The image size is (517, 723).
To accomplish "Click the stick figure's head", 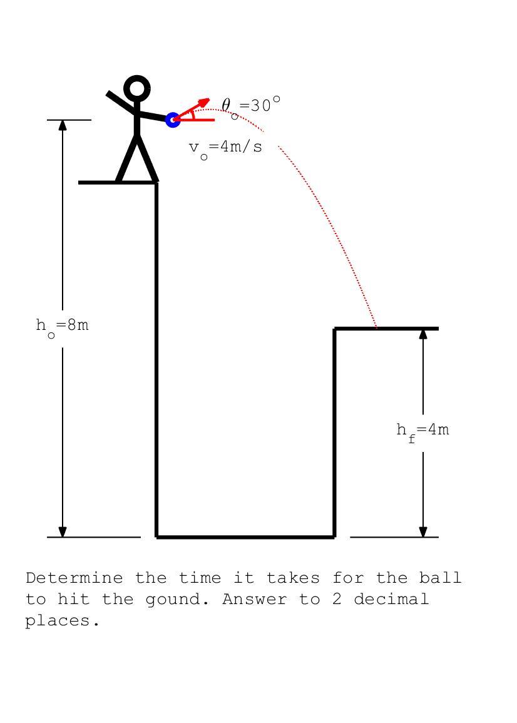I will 137,88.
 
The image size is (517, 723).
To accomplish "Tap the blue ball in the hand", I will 173,120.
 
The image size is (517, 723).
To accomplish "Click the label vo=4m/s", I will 225,148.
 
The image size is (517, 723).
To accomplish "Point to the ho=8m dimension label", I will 62,326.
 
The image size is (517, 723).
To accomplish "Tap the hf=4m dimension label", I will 422,431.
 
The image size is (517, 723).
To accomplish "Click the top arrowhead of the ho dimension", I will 63,124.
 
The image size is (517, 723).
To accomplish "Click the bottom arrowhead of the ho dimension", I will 63,531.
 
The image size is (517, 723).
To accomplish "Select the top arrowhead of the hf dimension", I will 423,333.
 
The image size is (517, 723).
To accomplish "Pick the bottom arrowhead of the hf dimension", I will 423,531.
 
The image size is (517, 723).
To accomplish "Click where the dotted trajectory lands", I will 377,327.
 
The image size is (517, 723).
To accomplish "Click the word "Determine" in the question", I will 74,578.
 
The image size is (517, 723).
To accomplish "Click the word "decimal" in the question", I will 391,599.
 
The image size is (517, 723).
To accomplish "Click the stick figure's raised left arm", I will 120,103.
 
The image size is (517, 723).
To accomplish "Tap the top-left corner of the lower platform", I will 335,329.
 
